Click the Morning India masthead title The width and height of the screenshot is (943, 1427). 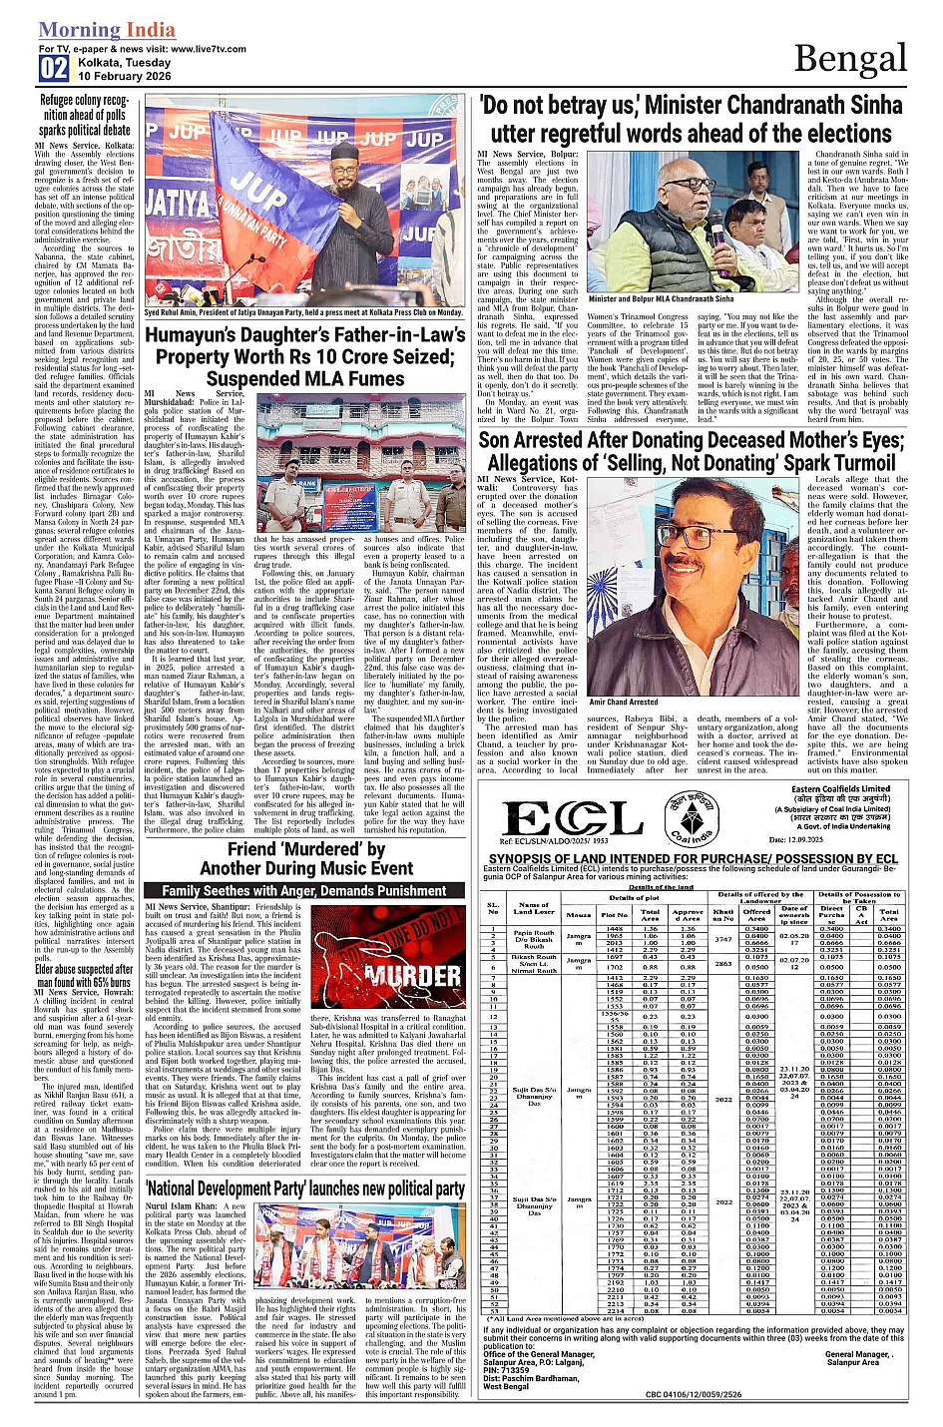pos(107,30)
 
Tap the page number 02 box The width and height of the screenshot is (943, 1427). pos(54,68)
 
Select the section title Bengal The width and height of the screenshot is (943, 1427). pos(849,59)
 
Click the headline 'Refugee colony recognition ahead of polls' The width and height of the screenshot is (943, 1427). pos(85,115)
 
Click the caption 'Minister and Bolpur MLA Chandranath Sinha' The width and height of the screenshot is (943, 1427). pos(661,298)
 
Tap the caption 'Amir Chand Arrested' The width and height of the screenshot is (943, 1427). pos(624,702)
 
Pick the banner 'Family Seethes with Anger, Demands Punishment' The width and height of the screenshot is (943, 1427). pos(304,890)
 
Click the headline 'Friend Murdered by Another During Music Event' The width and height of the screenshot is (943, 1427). pos(305,858)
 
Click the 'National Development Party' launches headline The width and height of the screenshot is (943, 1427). pos(305,1189)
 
